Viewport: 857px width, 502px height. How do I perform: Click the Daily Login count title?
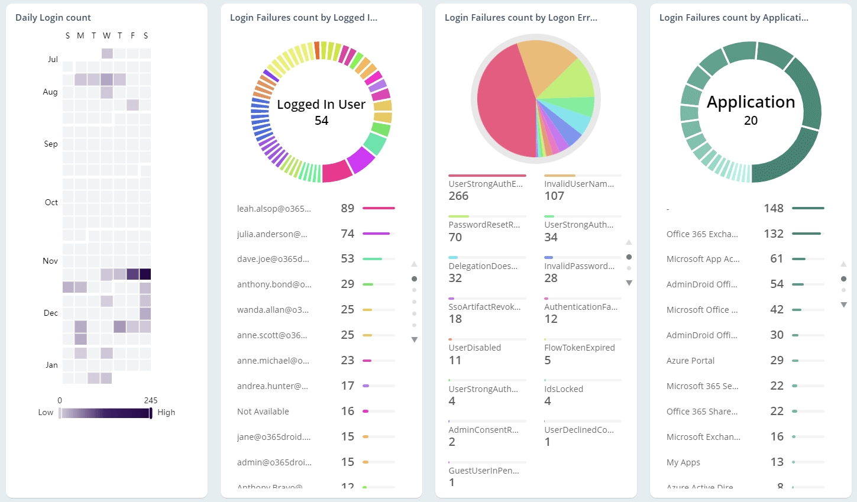click(53, 18)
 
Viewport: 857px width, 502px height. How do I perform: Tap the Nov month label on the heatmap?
click(50, 261)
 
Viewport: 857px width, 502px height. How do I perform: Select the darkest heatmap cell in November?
click(145, 274)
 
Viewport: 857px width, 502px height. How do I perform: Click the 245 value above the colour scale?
click(150, 400)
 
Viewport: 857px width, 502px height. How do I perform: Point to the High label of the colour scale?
click(166, 413)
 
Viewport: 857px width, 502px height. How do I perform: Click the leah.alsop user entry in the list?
click(274, 209)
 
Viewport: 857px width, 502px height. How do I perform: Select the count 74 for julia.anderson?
click(347, 234)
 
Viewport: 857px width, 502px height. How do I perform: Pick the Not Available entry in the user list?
click(263, 412)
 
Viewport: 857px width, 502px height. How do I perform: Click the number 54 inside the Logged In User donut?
click(321, 121)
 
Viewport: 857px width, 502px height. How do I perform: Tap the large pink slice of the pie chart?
click(503, 106)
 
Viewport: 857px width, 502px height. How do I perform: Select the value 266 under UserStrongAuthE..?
click(458, 196)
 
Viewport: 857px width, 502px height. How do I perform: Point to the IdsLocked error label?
click(564, 389)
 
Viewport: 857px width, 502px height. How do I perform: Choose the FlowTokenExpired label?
click(580, 348)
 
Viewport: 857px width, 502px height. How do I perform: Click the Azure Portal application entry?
click(690, 361)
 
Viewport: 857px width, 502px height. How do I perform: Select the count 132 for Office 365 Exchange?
click(773, 234)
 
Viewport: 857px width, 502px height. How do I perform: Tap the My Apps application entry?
click(683, 462)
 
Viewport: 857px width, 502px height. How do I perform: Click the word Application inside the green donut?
click(751, 102)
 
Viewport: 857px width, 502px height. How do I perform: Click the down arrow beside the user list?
click(415, 339)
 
